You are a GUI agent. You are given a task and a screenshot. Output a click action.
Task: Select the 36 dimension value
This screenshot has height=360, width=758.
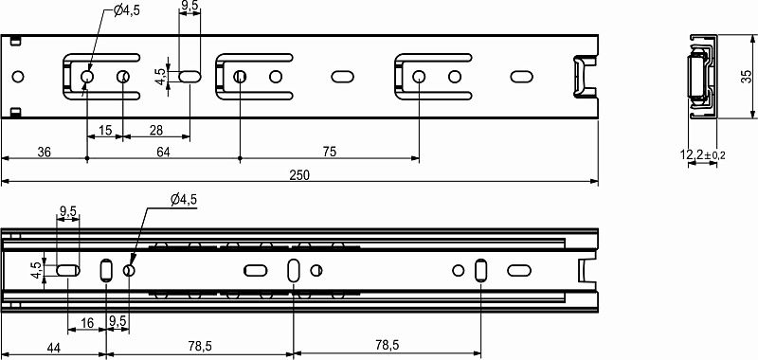pyautogui.click(x=44, y=152)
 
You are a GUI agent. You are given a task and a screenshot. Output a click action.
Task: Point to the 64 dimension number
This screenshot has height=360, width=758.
pyautogui.click(x=163, y=152)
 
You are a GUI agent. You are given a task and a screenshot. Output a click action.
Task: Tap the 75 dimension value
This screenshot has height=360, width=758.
pyautogui.click(x=329, y=152)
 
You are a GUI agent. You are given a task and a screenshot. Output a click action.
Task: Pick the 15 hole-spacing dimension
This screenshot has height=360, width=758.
pyautogui.click(x=104, y=130)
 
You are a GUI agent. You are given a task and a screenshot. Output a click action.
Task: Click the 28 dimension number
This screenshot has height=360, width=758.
pyautogui.click(x=155, y=130)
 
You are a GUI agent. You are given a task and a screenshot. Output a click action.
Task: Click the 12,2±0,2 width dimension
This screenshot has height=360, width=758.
pyautogui.click(x=702, y=154)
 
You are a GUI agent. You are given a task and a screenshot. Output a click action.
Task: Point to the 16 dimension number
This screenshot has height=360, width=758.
pyautogui.click(x=86, y=324)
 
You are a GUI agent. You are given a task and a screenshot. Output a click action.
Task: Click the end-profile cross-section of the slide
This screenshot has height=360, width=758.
pyautogui.click(x=698, y=76)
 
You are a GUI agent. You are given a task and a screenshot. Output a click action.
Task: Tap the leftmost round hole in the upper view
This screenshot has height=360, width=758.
pyautogui.click(x=16, y=76)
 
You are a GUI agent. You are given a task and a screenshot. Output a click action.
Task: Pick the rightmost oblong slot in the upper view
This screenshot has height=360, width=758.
pyautogui.click(x=522, y=76)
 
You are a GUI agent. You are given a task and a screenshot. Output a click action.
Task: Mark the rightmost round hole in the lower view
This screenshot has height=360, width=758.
pyautogui.click(x=459, y=271)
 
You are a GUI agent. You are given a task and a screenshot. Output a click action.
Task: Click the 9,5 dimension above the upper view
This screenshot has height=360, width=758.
pyautogui.click(x=189, y=7)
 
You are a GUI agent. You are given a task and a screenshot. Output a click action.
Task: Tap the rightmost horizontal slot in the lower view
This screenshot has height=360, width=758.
pyautogui.click(x=522, y=271)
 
